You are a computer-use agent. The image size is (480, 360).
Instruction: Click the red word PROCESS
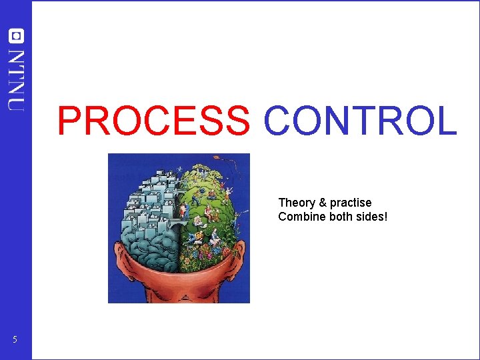tap(153, 121)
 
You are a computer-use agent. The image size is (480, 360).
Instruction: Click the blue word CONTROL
tap(360, 121)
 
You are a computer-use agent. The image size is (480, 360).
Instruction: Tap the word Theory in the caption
tap(297, 203)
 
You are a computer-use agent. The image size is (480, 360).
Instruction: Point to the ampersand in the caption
tap(322, 203)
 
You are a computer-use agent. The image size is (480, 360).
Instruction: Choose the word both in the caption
tap(339, 217)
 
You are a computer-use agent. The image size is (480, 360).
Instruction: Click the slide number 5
tap(15, 341)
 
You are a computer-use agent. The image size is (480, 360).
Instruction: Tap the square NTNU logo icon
tap(15, 35)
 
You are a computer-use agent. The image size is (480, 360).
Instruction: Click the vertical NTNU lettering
tap(15, 79)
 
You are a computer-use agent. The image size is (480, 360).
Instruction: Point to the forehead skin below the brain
tap(179, 280)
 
